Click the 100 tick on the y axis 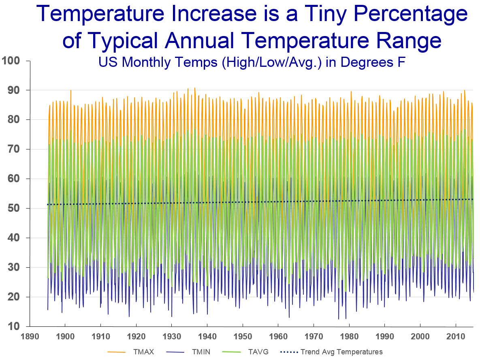point(11,61)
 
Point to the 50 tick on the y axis point(14,208)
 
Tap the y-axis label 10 point(14,326)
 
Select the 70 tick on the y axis point(14,149)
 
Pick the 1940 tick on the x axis point(207,337)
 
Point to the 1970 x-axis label point(314,337)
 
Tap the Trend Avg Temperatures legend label point(341,351)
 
